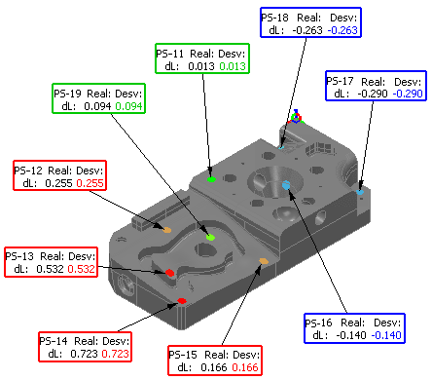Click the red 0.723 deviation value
tap(116, 354)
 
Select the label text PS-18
tap(274, 18)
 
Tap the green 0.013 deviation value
tap(233, 66)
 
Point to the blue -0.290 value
tap(408, 94)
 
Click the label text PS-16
tap(318, 323)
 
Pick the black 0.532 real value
tap(50, 269)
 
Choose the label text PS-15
tap(183, 355)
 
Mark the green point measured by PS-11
tap(211, 179)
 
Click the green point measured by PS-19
tap(210, 237)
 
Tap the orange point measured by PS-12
tap(166, 230)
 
